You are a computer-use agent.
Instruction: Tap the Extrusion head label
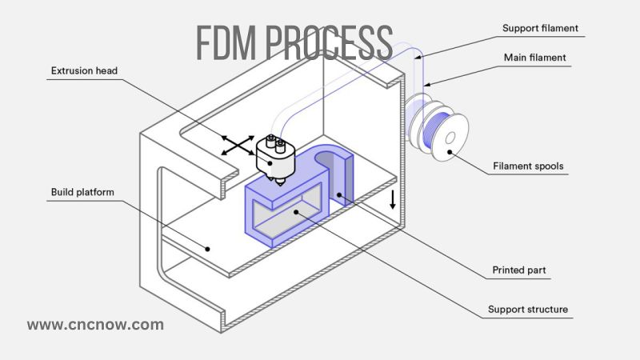[x=84, y=71]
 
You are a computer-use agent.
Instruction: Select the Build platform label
[x=82, y=192]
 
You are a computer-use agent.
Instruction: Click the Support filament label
[x=540, y=28]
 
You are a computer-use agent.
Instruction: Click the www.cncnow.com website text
[x=95, y=325]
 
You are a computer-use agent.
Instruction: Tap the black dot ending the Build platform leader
[x=207, y=248]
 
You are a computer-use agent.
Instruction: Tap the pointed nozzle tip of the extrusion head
[x=278, y=186]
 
